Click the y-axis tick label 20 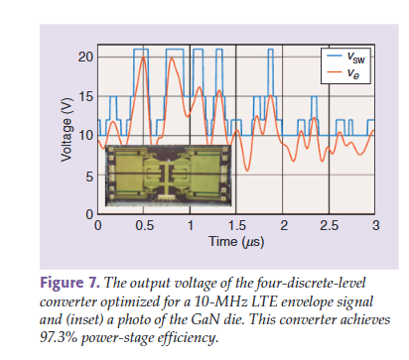[85, 58]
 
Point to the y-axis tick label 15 [85, 96]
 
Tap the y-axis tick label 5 [89, 177]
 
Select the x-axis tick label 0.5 [144, 226]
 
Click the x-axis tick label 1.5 [237, 226]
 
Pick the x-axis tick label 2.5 [330, 226]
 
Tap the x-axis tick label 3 [375, 226]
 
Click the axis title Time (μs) [236, 242]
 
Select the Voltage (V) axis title [67, 130]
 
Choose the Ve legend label [352, 73]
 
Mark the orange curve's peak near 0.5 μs [143, 58]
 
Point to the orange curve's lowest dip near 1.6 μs [246, 171]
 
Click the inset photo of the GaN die [169, 176]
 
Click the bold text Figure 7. [69, 284]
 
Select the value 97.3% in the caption [59, 337]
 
